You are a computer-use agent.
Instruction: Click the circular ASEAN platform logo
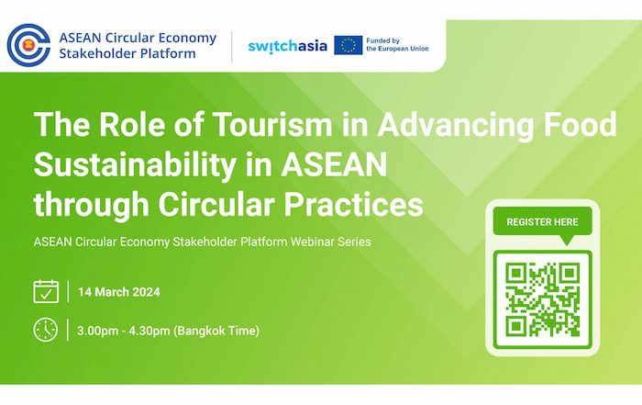28,45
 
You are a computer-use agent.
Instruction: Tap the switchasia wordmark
287,46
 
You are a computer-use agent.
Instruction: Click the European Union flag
348,45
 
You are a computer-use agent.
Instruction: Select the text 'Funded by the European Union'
397,45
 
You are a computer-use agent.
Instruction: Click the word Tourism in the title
272,124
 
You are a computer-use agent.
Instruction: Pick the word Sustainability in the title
135,165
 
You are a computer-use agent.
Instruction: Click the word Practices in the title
353,204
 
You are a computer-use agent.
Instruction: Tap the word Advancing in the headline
455,125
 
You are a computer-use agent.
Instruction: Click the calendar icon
46,291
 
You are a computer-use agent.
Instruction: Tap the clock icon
46,330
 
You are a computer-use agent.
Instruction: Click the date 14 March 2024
118,292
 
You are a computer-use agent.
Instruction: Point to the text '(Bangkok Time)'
216,331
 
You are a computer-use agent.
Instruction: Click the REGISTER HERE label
542,222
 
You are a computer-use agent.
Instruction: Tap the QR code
543,299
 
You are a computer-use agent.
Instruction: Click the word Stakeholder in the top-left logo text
94,53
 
